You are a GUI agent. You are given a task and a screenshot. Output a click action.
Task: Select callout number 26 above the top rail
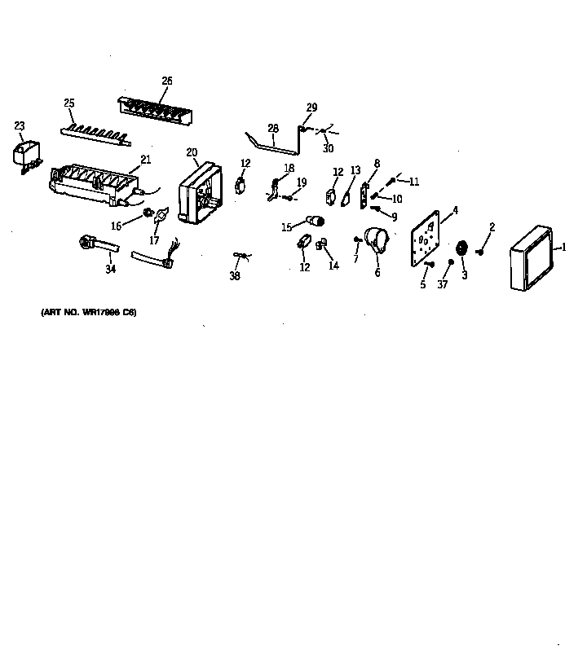coord(167,81)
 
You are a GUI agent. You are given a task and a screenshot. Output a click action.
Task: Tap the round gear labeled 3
coord(463,250)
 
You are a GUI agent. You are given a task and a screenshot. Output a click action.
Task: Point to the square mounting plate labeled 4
coord(424,239)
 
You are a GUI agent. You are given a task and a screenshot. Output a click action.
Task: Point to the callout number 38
coord(235,276)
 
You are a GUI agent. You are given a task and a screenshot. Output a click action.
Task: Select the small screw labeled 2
coord(480,253)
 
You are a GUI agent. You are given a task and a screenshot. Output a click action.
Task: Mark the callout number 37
coord(443,284)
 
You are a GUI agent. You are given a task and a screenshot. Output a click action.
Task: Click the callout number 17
coord(154,240)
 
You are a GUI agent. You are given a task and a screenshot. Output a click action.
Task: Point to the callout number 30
coord(328,148)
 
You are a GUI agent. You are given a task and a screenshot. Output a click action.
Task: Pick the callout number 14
coord(333,266)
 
